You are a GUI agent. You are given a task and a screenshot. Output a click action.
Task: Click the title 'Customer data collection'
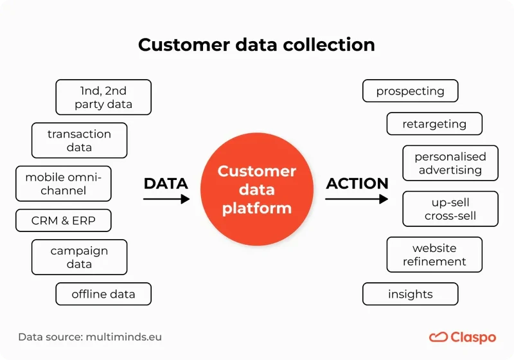pos(256,45)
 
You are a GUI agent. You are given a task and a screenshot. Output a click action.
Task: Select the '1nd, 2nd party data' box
pos(103,97)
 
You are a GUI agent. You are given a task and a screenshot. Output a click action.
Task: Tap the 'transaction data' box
pos(79,140)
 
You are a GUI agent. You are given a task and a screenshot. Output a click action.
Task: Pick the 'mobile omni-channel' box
pos(64,184)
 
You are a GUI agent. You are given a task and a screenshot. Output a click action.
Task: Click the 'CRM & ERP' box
pos(64,221)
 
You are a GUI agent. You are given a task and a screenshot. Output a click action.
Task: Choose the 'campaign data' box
pos(79,257)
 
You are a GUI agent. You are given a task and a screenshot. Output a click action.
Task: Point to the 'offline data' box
pos(103,294)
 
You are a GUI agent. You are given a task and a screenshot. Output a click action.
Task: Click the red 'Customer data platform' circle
pos(256,190)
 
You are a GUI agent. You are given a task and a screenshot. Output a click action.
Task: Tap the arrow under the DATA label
pos(166,199)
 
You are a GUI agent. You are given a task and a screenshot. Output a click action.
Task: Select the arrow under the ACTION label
pos(357,199)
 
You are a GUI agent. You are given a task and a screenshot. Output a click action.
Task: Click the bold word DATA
pos(166,183)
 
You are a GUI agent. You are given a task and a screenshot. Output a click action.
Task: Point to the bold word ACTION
pos(357,183)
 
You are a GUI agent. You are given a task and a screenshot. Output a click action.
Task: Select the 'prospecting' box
pos(410,91)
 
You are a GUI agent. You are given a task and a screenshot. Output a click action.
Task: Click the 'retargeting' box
pos(434,124)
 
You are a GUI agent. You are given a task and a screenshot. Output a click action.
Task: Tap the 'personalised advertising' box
pos(450,163)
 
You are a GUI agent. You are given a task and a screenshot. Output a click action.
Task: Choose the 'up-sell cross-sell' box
pos(450,209)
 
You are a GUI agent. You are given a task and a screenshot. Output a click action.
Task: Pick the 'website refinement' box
pos(434,255)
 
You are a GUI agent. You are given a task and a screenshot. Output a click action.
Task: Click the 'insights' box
pos(410,294)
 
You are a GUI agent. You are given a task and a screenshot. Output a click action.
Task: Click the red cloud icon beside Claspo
pos(438,337)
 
